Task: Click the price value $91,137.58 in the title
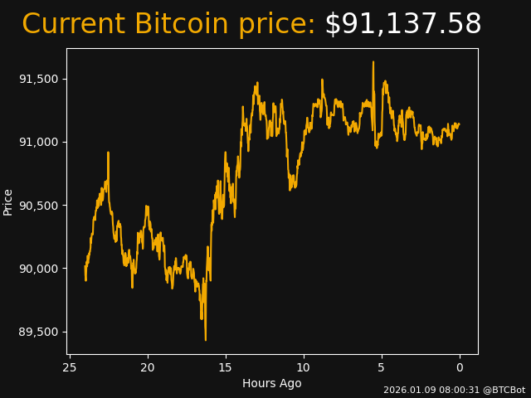[x=402, y=25]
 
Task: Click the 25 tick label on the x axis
[x=70, y=367]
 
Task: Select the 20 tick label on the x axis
[x=148, y=367]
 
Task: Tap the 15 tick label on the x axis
[x=226, y=367]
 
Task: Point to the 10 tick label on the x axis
[x=304, y=367]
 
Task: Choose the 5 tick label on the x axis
[x=382, y=367]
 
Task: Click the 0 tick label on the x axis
[x=460, y=367]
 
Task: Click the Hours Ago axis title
[x=272, y=383]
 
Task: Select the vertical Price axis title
[x=8, y=201]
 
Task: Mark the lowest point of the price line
[x=206, y=340]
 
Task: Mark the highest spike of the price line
[x=373, y=61]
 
